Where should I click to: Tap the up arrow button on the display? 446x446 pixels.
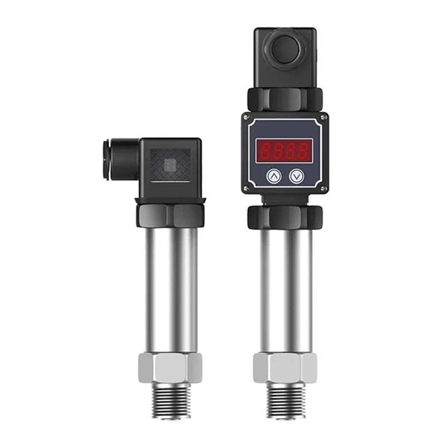[273, 176]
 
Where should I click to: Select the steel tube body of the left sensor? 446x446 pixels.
[170, 290]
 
